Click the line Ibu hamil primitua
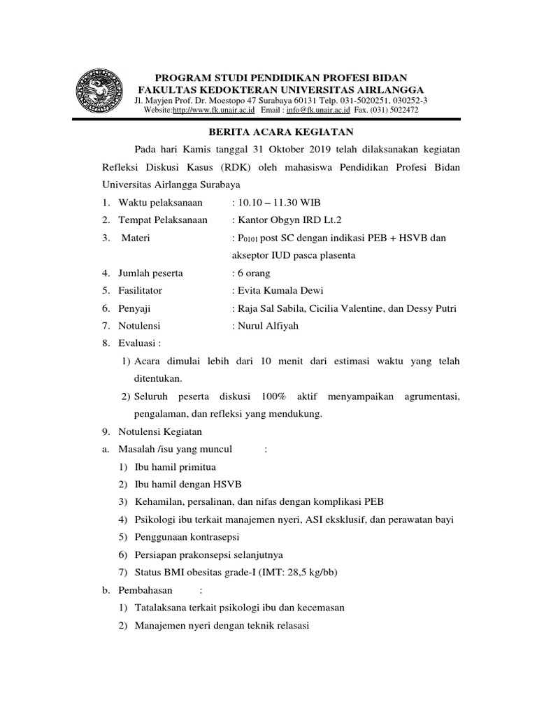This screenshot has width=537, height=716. coord(176,467)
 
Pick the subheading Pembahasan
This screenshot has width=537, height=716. coord(144,590)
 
